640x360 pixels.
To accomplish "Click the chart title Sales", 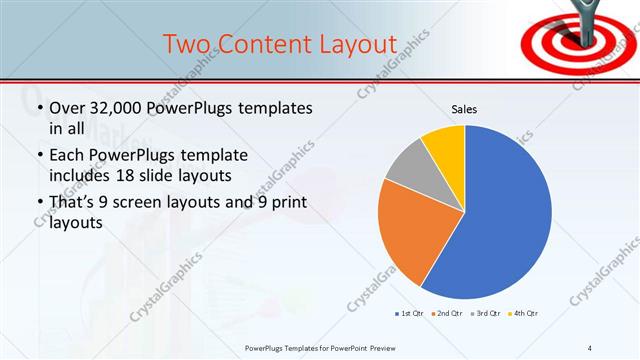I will [464, 109].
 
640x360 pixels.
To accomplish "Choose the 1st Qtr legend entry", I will [409, 314].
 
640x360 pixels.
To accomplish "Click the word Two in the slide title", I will [187, 44].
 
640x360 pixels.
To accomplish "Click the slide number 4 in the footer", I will [589, 348].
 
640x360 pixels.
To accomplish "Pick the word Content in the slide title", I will [261, 44].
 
